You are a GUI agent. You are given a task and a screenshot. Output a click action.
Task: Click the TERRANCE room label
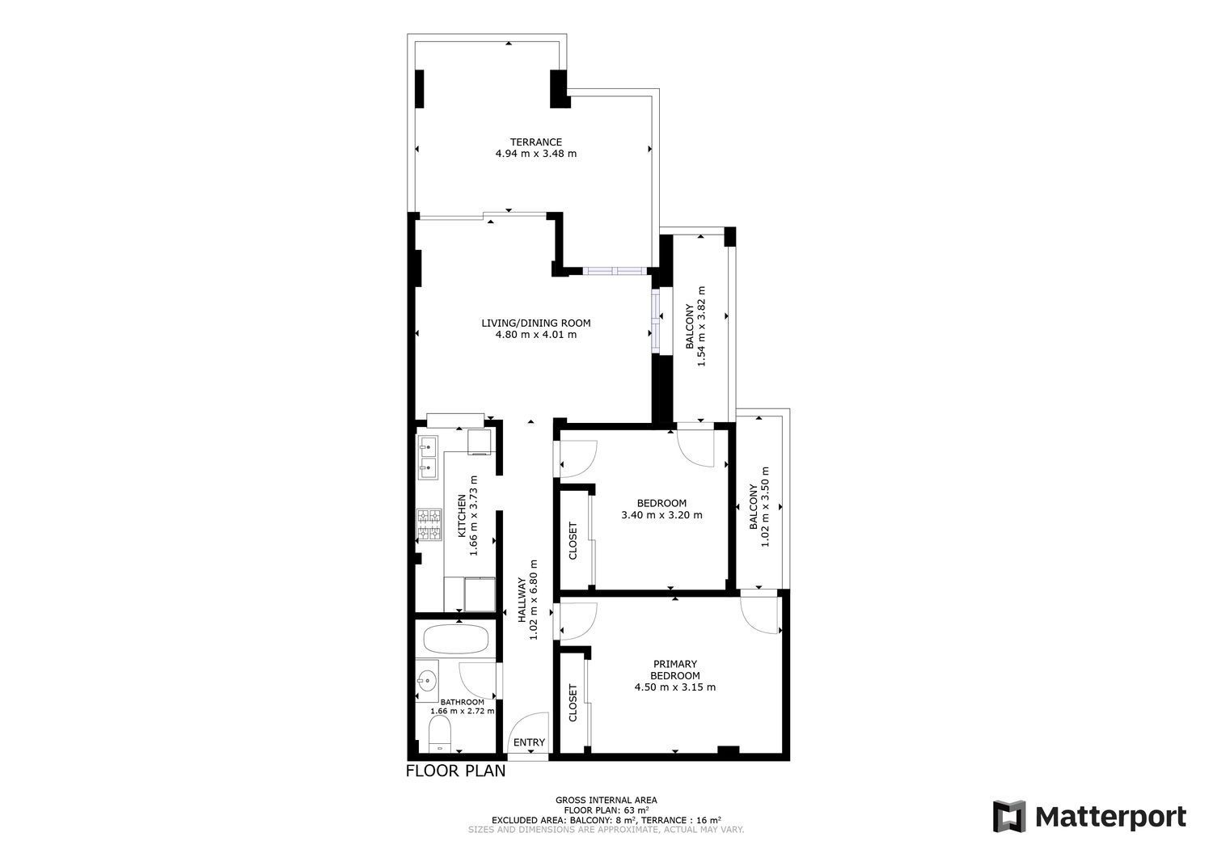535,142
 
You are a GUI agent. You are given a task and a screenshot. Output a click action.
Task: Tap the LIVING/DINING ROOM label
535,323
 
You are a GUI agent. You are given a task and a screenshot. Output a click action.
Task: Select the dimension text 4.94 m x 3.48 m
535,154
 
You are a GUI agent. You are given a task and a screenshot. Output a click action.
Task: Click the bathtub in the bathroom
455,640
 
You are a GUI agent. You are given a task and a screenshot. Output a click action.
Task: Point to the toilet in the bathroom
439,734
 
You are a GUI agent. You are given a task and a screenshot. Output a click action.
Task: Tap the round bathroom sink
427,678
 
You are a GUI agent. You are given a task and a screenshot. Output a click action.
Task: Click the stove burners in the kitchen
429,524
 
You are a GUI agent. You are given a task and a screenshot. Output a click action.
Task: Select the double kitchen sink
428,459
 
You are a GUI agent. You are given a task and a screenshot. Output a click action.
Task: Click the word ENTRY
529,742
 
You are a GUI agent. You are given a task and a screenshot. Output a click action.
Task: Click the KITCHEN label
462,516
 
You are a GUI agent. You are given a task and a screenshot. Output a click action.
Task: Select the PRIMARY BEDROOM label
674,670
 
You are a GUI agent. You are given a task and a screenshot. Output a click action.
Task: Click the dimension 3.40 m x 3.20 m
661,514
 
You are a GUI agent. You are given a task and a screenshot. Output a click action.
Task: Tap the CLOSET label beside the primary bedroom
573,703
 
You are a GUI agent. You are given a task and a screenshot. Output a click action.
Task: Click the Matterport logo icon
1009,816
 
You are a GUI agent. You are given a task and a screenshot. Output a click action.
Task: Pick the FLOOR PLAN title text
455,771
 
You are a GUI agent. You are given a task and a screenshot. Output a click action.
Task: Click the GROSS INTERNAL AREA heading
606,800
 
